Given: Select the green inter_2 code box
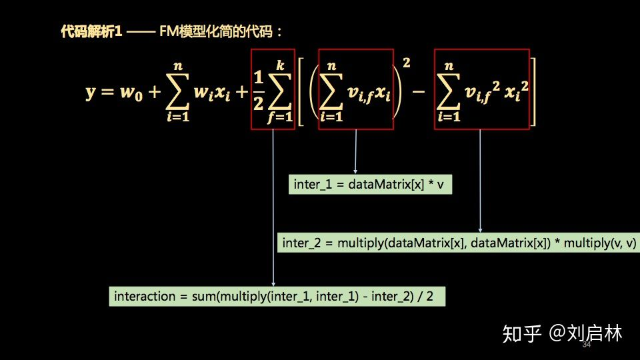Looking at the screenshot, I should tap(459, 243).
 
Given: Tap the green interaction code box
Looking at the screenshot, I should tap(277, 296).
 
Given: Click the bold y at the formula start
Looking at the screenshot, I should tap(91, 92).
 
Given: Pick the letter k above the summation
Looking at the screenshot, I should tap(279, 65).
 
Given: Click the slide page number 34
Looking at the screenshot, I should tap(587, 345).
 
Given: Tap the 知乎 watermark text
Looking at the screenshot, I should tap(522, 333).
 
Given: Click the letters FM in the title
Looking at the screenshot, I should tap(168, 31).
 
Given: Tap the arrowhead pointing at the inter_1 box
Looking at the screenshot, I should tap(355, 172).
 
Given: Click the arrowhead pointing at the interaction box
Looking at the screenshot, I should tap(273, 285).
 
